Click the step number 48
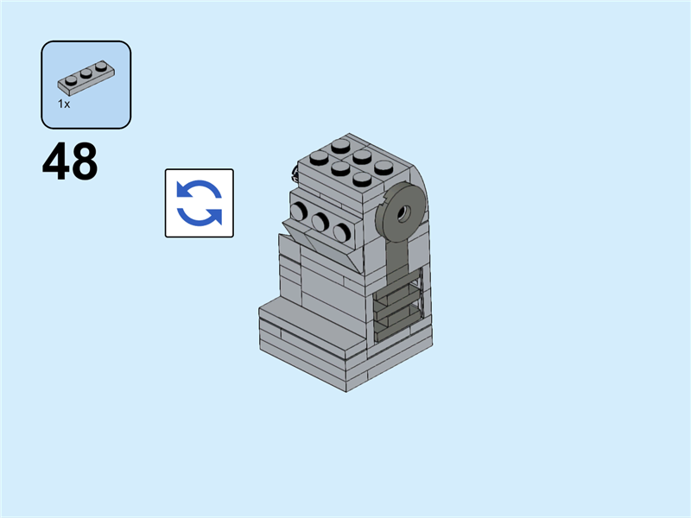[x=70, y=162]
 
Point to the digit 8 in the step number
[x=85, y=162]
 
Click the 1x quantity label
[x=64, y=104]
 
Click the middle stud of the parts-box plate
[x=86, y=73]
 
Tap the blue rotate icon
[x=200, y=203]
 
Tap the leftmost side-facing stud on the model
[x=301, y=211]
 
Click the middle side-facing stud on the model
[x=321, y=221]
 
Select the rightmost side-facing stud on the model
[x=342, y=231]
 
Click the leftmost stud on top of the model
[x=317, y=159]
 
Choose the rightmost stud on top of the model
[x=384, y=167]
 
